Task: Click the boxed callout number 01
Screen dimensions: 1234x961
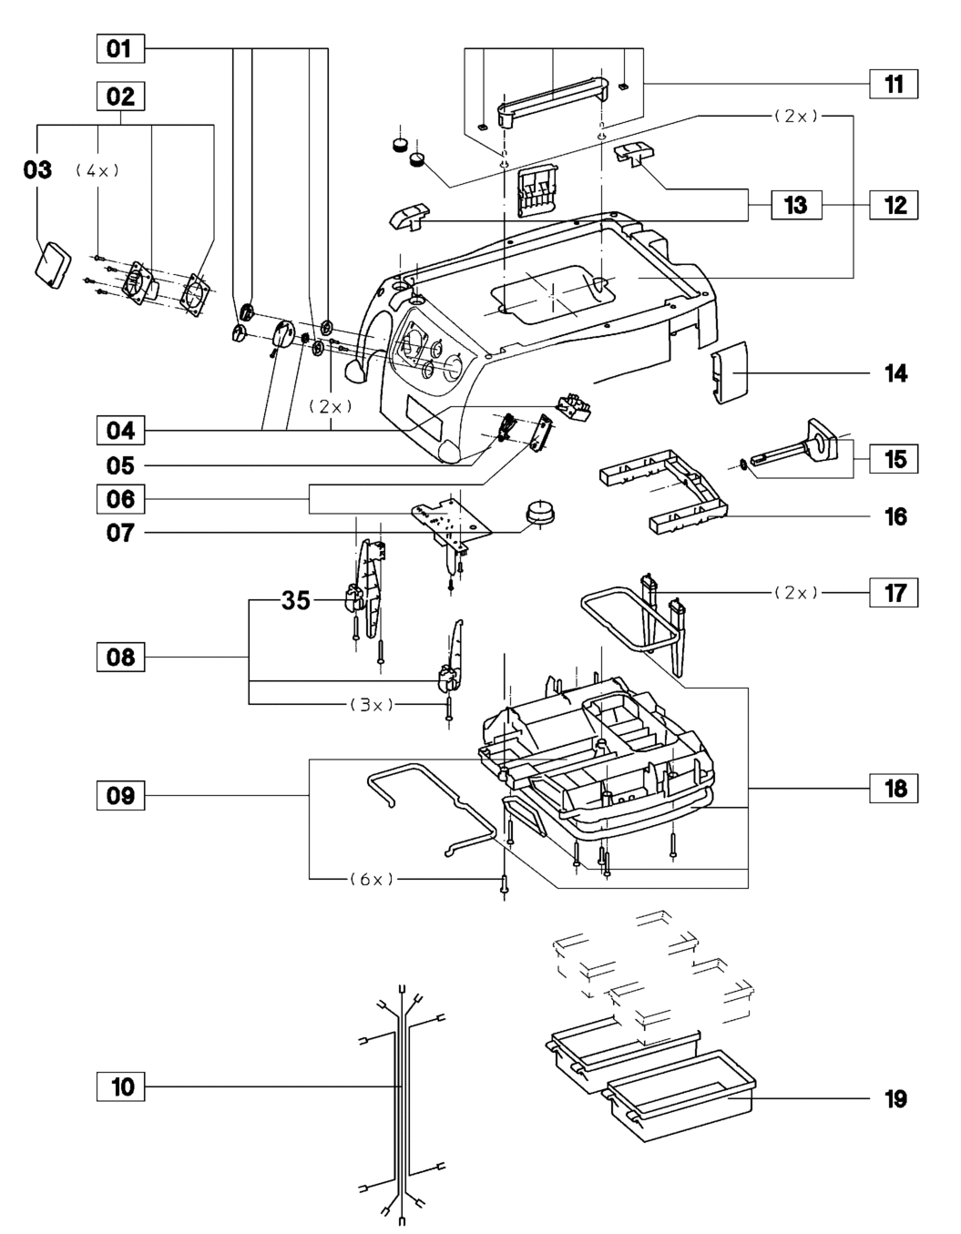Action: click(119, 48)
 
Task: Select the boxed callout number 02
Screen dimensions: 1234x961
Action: click(120, 97)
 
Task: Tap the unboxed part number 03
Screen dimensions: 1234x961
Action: click(38, 169)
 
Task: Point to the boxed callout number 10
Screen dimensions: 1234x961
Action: click(121, 1086)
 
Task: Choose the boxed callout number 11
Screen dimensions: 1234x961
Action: click(894, 85)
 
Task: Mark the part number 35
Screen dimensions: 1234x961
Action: click(296, 601)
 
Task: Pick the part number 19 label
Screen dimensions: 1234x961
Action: click(895, 1099)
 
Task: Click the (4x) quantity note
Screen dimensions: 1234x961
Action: click(97, 170)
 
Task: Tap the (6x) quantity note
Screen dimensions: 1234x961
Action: click(372, 879)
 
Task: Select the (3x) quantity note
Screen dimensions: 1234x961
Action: click(372, 704)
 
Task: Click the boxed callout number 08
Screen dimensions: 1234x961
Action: click(120, 657)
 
